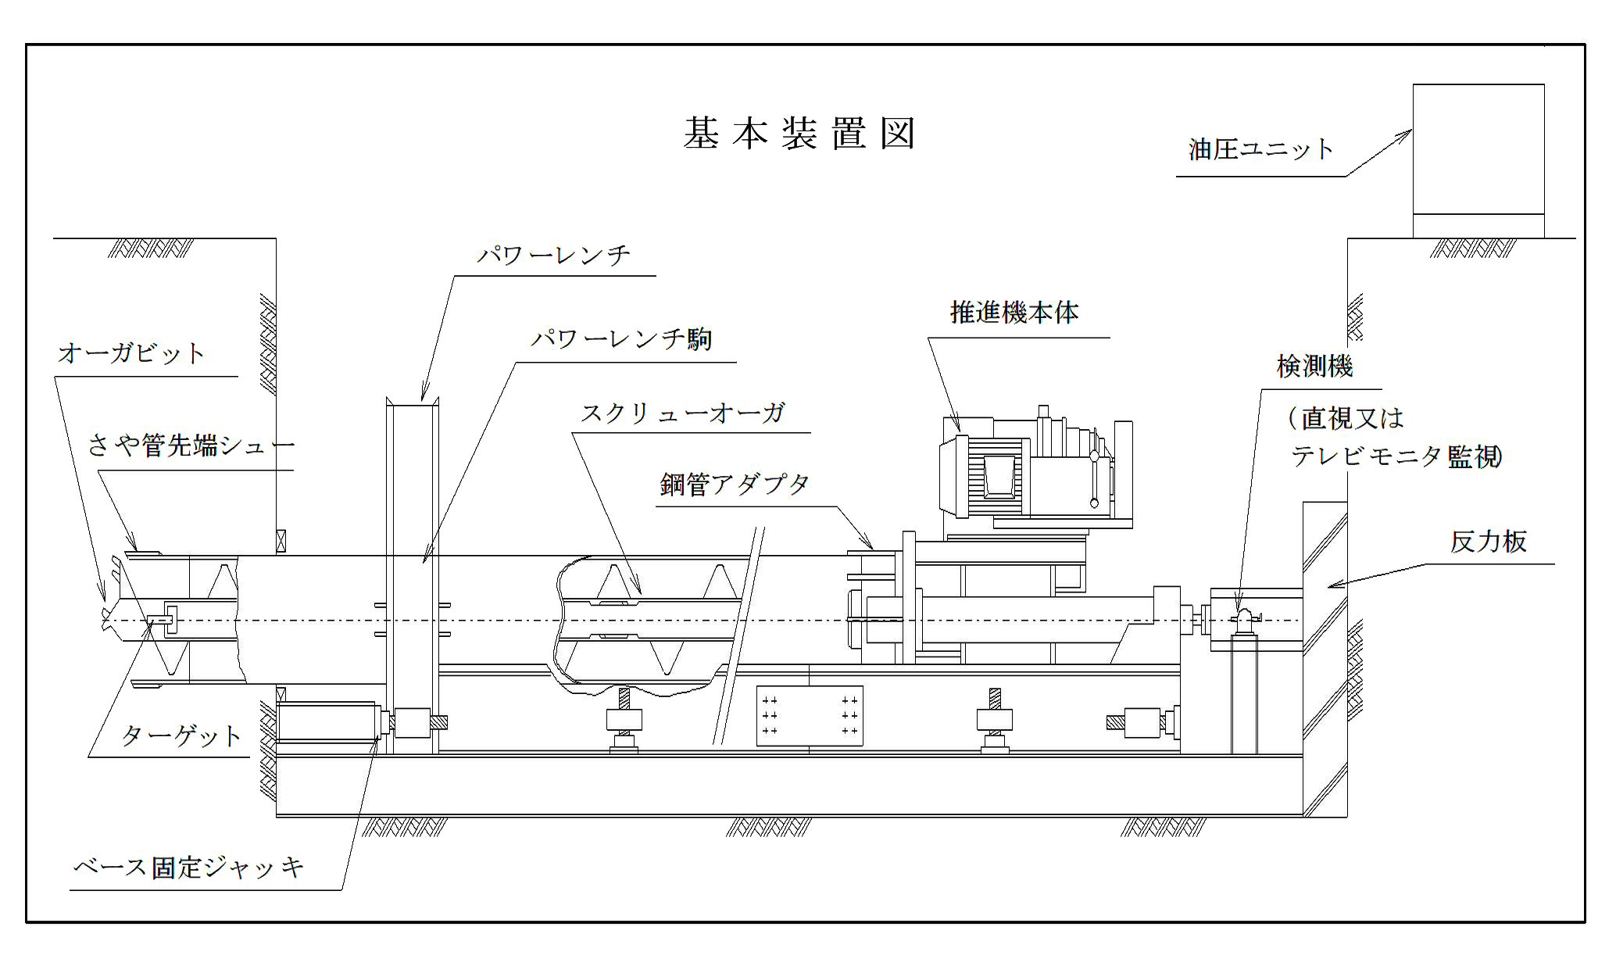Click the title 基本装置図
point(799,134)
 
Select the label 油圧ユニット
point(1260,149)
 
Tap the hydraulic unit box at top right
point(1478,159)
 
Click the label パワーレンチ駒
point(621,340)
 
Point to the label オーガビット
point(131,353)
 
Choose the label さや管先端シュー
point(191,446)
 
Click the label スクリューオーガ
point(682,413)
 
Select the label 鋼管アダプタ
point(735,485)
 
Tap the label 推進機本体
point(1014,313)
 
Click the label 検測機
point(1314,366)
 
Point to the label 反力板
point(1488,542)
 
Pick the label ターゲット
point(181,736)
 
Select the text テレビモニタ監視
point(1396,456)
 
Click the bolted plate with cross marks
point(809,715)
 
